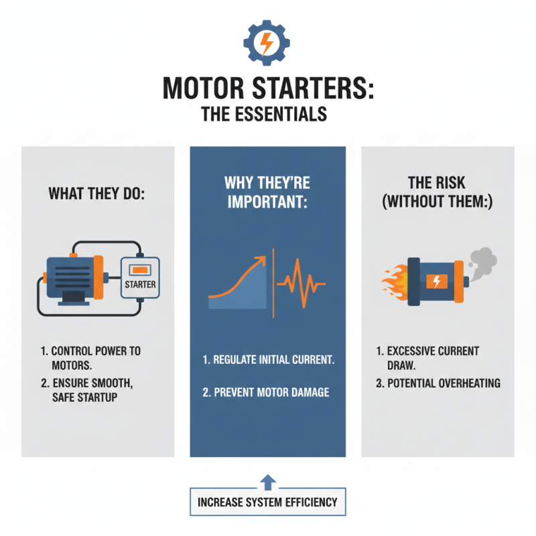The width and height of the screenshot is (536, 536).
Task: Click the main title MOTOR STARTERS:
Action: (268, 88)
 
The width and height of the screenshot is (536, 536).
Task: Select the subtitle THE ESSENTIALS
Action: (267, 114)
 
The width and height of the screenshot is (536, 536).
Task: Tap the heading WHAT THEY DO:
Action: (98, 194)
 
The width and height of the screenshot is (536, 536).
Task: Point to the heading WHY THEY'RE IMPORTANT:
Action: (268, 192)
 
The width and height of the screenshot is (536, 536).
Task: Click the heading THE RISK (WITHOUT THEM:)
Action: (438, 192)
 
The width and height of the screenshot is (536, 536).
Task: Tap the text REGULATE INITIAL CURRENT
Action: (268, 360)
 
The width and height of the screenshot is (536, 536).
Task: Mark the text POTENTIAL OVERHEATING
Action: (438, 384)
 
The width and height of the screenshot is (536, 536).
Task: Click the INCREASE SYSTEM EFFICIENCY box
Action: (267, 502)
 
